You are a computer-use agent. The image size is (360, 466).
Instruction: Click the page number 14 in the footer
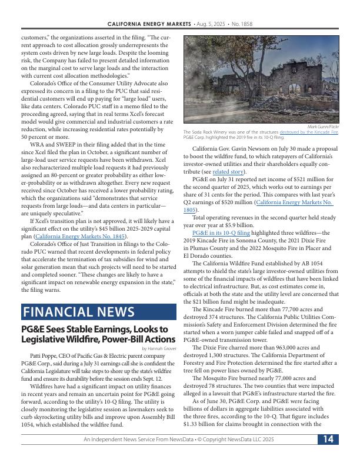(328, 456)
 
